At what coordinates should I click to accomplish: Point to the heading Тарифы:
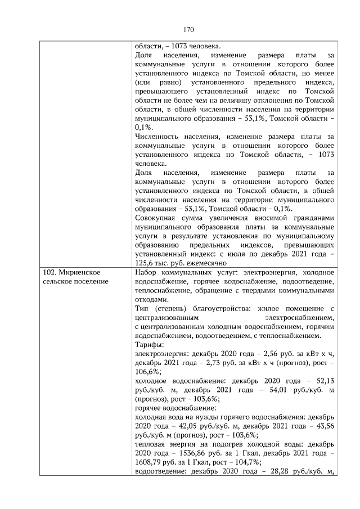(x=150, y=344)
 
